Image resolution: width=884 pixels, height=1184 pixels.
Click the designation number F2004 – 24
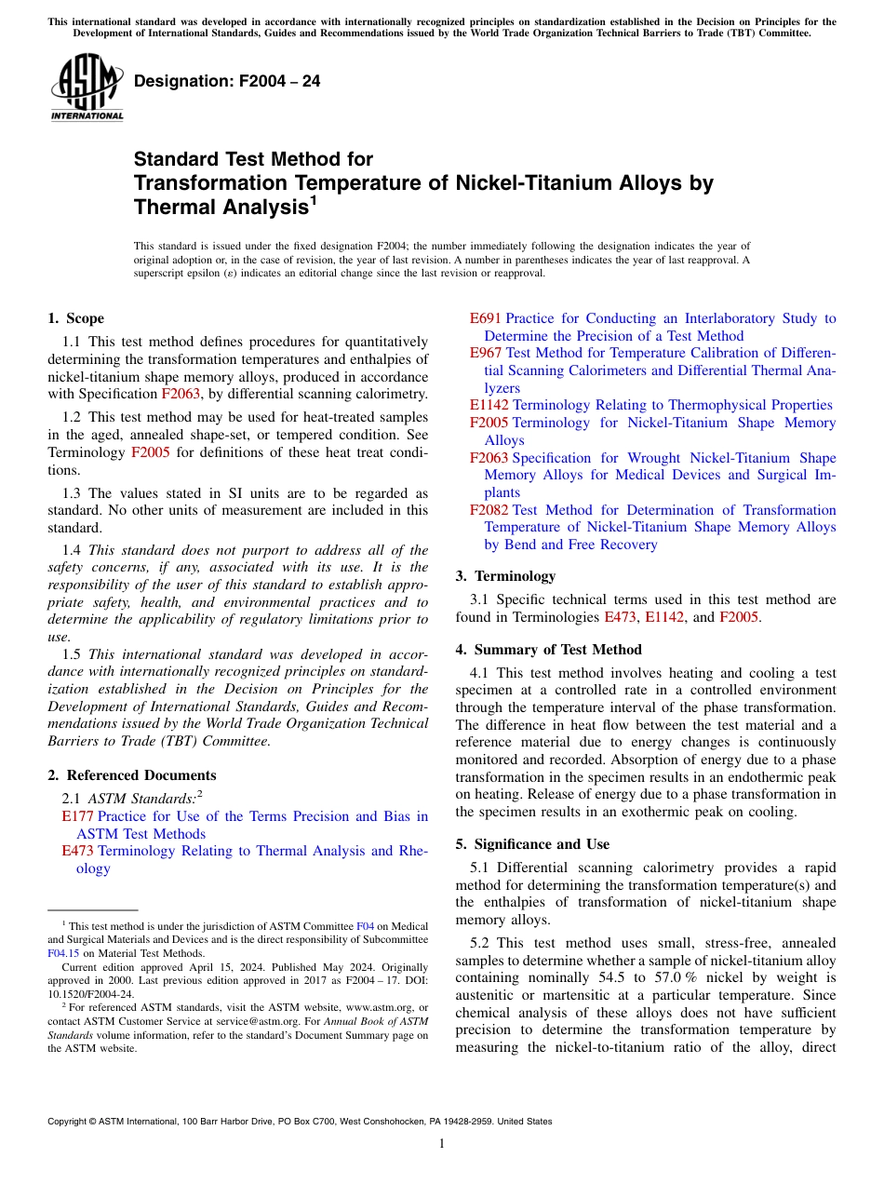pyautogui.click(x=227, y=82)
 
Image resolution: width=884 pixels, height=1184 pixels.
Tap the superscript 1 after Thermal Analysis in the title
pyautogui.click(x=314, y=200)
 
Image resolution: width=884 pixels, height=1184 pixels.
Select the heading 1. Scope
pyautogui.click(x=76, y=318)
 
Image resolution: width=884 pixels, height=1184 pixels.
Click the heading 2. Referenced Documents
pyautogui.click(x=132, y=775)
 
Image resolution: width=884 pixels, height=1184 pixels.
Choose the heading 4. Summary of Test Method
pyautogui.click(x=549, y=650)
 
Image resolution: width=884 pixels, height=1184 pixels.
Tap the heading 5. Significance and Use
pyautogui.click(x=533, y=844)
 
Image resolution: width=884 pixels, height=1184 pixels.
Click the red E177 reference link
pyautogui.click(x=77, y=816)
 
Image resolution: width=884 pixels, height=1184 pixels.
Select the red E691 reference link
pyautogui.click(x=486, y=318)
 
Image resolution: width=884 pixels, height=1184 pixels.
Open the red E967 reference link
pyautogui.click(x=486, y=354)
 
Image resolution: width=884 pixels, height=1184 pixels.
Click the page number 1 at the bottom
pyautogui.click(x=442, y=1143)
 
